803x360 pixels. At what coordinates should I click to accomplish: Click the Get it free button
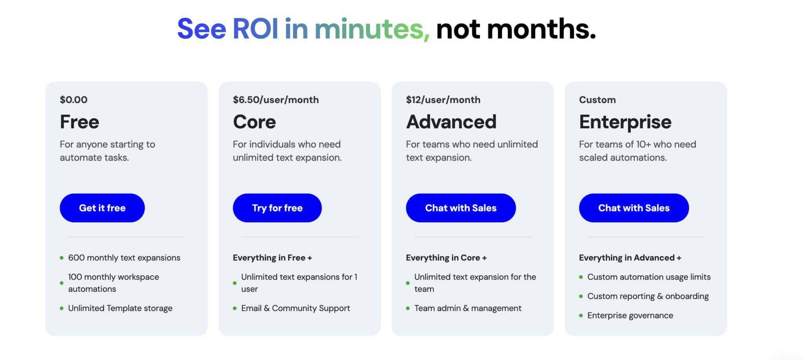[x=102, y=208]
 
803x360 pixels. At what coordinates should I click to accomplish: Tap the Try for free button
[x=277, y=208]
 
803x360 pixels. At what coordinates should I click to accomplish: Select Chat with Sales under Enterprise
[x=634, y=208]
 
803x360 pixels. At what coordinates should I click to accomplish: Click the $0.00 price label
[x=74, y=100]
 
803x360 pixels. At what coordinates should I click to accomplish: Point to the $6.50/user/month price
[x=276, y=100]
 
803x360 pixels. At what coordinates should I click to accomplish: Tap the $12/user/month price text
[x=443, y=100]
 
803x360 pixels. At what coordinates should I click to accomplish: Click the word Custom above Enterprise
[x=597, y=100]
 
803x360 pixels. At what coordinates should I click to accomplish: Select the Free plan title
[x=80, y=122]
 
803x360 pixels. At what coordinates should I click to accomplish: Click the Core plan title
[x=254, y=122]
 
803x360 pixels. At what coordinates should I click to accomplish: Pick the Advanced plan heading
[x=451, y=122]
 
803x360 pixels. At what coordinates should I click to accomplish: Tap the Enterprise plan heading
[x=625, y=122]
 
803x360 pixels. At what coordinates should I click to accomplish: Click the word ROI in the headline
[x=255, y=29]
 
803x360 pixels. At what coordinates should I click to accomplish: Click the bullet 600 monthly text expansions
[x=124, y=258]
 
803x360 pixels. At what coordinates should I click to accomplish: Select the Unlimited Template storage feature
[x=120, y=308]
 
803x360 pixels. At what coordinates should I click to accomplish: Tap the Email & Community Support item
[x=295, y=308]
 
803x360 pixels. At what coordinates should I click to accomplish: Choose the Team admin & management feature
[x=468, y=308]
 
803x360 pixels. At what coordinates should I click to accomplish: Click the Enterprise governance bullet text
[x=630, y=315]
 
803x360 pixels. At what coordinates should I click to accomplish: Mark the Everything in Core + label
[x=446, y=258]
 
